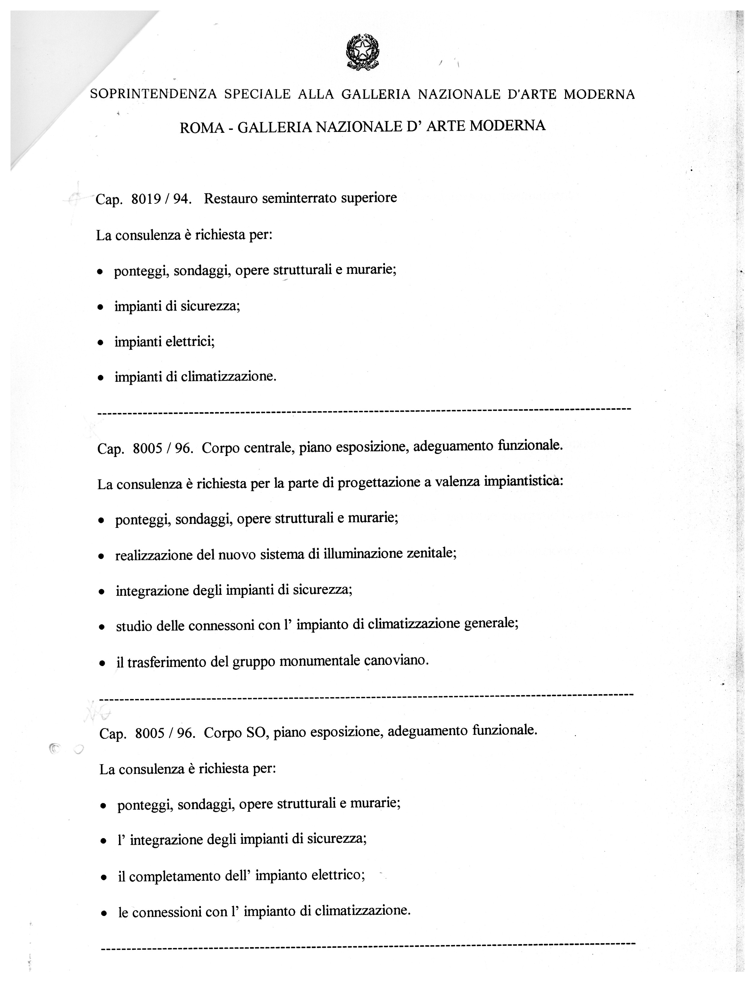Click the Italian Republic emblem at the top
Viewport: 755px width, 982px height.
pos(362,52)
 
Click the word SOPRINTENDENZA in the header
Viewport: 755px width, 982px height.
pos(154,94)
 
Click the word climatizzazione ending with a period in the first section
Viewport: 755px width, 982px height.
pos(229,377)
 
